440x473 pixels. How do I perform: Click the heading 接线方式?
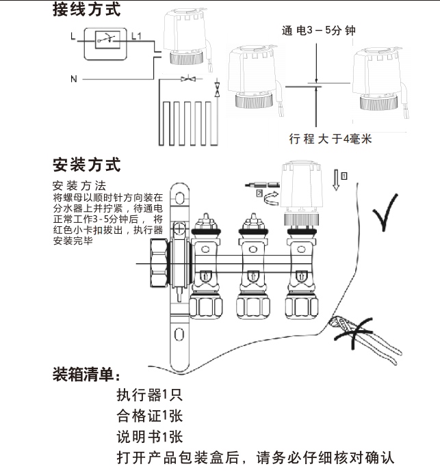click(x=86, y=10)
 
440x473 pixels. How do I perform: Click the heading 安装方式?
click(x=86, y=165)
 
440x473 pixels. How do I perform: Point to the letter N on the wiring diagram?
click(x=74, y=79)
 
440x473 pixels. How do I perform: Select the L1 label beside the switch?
click(x=135, y=36)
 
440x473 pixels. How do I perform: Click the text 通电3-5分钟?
click(x=318, y=31)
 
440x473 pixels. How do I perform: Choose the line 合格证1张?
click(x=148, y=416)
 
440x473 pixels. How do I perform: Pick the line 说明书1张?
click(x=148, y=437)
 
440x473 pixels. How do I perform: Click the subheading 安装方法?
click(x=79, y=186)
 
